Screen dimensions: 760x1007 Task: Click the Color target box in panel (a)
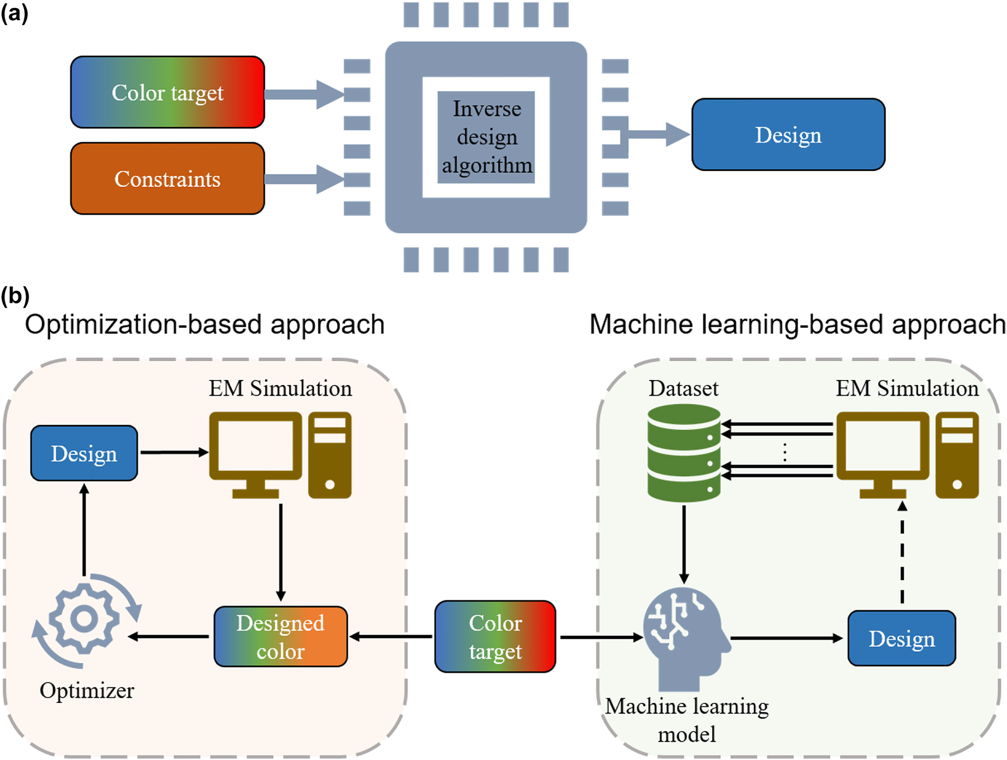pos(167,92)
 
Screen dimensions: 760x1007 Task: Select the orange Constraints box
pos(167,179)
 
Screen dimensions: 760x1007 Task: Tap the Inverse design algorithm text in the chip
pos(486,137)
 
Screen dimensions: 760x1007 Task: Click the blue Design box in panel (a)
pos(788,135)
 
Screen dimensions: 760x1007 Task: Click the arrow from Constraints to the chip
pos(303,179)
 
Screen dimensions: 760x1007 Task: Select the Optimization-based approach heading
pos(205,325)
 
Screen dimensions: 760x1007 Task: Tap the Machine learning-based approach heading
pos(797,325)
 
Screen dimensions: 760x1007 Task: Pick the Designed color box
pos(280,637)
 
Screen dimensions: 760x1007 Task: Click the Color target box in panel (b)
pos(495,637)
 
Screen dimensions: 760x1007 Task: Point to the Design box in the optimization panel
pos(84,453)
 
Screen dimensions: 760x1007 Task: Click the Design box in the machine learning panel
pos(901,638)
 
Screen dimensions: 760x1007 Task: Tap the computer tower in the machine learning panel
pos(957,454)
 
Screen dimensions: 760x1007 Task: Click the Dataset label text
pos(683,388)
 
